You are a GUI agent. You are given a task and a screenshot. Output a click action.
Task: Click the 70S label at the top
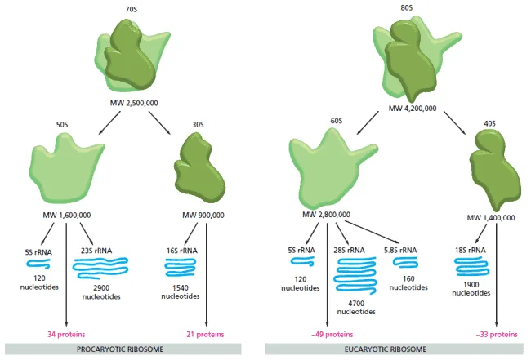(x=132, y=10)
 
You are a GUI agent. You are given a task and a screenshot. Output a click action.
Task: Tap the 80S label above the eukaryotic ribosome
(x=406, y=7)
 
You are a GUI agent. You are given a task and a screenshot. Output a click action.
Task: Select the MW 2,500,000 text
(x=134, y=103)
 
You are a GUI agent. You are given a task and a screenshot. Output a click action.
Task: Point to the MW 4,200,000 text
(x=413, y=109)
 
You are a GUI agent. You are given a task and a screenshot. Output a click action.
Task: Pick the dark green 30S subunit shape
(x=199, y=168)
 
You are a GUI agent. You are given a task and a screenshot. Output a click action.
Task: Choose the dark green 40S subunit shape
(x=493, y=169)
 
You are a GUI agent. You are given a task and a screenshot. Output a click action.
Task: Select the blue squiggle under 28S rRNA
(x=355, y=275)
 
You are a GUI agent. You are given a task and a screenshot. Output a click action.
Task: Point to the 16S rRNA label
(x=182, y=251)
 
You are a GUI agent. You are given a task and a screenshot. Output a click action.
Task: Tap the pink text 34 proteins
(x=66, y=335)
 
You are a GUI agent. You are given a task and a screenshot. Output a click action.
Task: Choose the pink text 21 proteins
(x=205, y=335)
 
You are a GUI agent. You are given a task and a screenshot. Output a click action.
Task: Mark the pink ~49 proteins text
(x=332, y=335)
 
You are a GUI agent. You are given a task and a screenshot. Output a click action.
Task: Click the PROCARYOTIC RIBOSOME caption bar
(x=123, y=349)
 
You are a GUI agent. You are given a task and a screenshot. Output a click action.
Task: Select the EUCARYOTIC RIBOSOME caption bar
(x=395, y=349)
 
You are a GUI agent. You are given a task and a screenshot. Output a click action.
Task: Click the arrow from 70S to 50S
(x=109, y=122)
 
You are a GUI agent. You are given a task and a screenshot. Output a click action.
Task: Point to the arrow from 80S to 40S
(x=455, y=123)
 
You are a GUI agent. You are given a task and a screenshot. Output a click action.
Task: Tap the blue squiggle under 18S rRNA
(x=471, y=266)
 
